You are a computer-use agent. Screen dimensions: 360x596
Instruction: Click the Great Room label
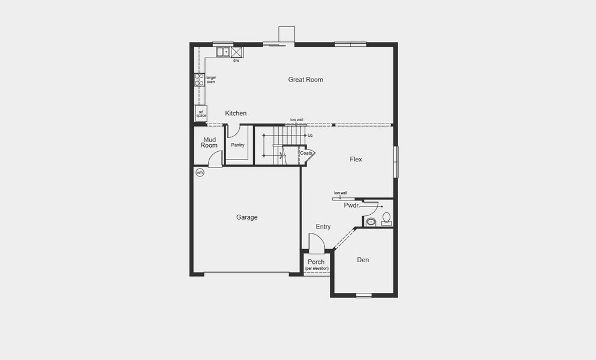[305, 79]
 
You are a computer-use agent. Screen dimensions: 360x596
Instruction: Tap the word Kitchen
[236, 113]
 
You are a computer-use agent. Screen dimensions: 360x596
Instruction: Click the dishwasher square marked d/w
[236, 52]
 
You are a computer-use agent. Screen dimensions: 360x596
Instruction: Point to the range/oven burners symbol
[199, 80]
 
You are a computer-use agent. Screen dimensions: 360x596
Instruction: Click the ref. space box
[200, 113]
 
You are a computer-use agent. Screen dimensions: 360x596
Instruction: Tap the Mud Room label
[209, 142]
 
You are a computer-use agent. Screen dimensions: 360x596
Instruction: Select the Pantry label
[237, 145]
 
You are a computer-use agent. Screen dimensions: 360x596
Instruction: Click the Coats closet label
[306, 154]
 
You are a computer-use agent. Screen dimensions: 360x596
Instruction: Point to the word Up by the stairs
[309, 136]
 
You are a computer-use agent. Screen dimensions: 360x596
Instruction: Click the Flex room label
[356, 159]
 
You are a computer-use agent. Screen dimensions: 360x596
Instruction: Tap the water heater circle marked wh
[200, 173]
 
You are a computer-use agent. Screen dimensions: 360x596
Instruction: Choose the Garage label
[246, 217]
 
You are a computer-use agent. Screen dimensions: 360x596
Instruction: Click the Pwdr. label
[351, 205]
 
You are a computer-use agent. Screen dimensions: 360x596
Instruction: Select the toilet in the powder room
[386, 218]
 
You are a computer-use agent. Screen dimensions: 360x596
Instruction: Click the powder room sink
[371, 222]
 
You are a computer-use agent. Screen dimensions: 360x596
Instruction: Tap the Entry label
[323, 227]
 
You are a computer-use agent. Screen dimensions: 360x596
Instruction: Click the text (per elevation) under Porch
[317, 268]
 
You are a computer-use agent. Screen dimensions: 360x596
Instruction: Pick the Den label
[363, 260]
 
